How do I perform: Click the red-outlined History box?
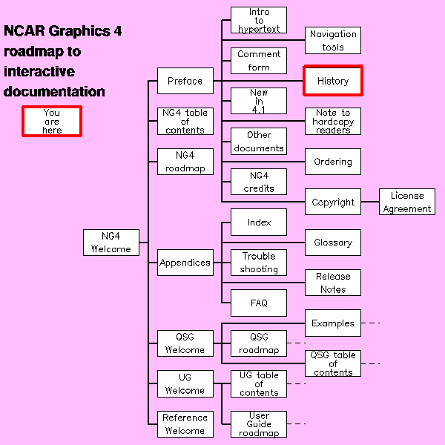(333, 81)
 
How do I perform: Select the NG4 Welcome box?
(111, 243)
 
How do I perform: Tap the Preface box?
(185, 81)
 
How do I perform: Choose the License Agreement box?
(407, 202)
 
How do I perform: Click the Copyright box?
(333, 202)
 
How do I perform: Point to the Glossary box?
(333, 243)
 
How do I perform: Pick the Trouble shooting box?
(259, 263)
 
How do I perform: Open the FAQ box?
(259, 303)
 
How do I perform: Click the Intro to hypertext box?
(259, 20)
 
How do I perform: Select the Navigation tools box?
(333, 40)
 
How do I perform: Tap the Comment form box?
(259, 61)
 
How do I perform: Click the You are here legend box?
(52, 121)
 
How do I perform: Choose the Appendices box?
(185, 263)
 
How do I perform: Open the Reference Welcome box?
(185, 424)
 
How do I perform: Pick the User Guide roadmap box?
(259, 424)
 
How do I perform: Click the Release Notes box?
(333, 283)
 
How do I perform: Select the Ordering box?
(333, 162)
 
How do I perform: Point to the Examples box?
(333, 323)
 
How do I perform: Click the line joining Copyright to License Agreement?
(370, 202)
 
